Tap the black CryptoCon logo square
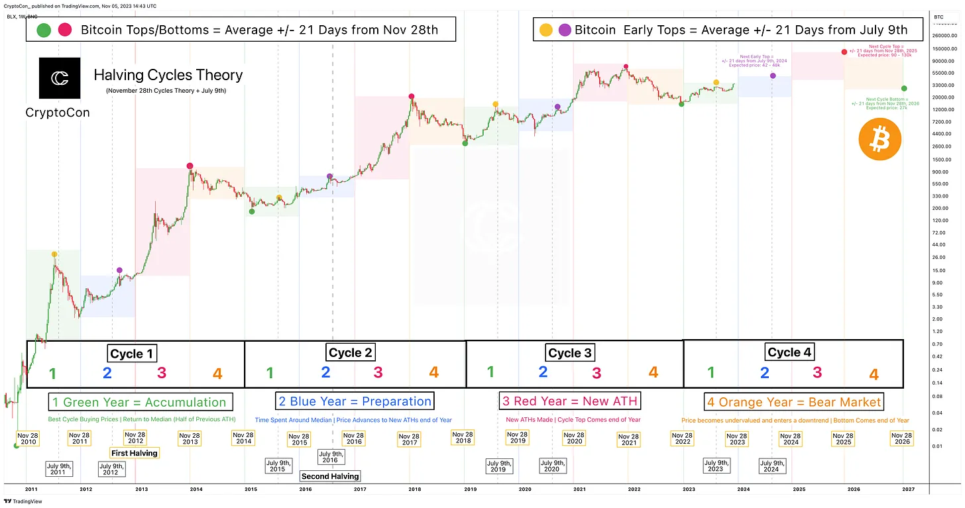(60, 78)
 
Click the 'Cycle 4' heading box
(789, 352)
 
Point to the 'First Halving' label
(135, 453)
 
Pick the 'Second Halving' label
(330, 476)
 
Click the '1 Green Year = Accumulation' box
(139, 402)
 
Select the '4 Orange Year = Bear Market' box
(793, 402)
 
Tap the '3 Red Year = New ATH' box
(569, 401)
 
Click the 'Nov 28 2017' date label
(410, 438)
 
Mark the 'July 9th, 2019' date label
(498, 466)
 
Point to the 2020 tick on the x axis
(524, 489)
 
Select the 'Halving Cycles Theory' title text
(168, 76)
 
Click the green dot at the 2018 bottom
(465, 143)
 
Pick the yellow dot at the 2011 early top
(54, 254)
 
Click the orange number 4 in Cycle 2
(433, 372)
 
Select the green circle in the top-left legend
(44, 30)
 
